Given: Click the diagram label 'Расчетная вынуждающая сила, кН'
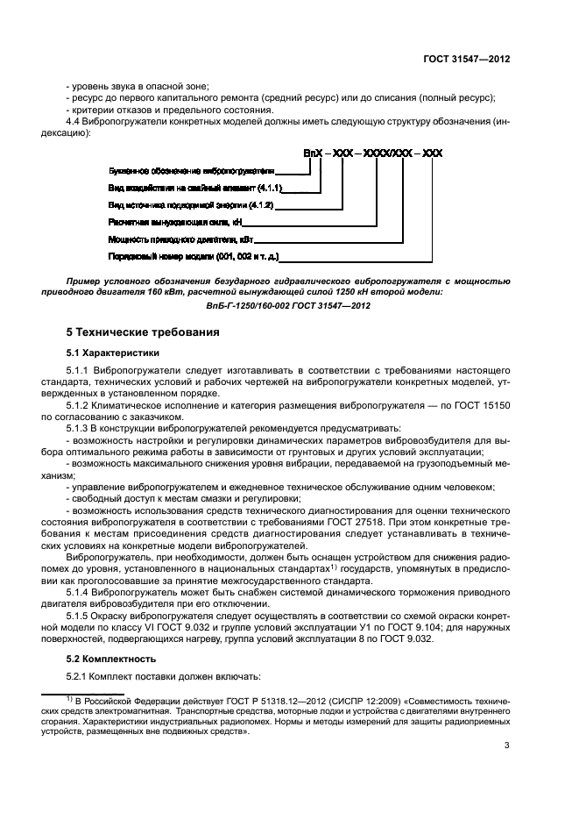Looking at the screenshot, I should (x=163, y=224).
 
